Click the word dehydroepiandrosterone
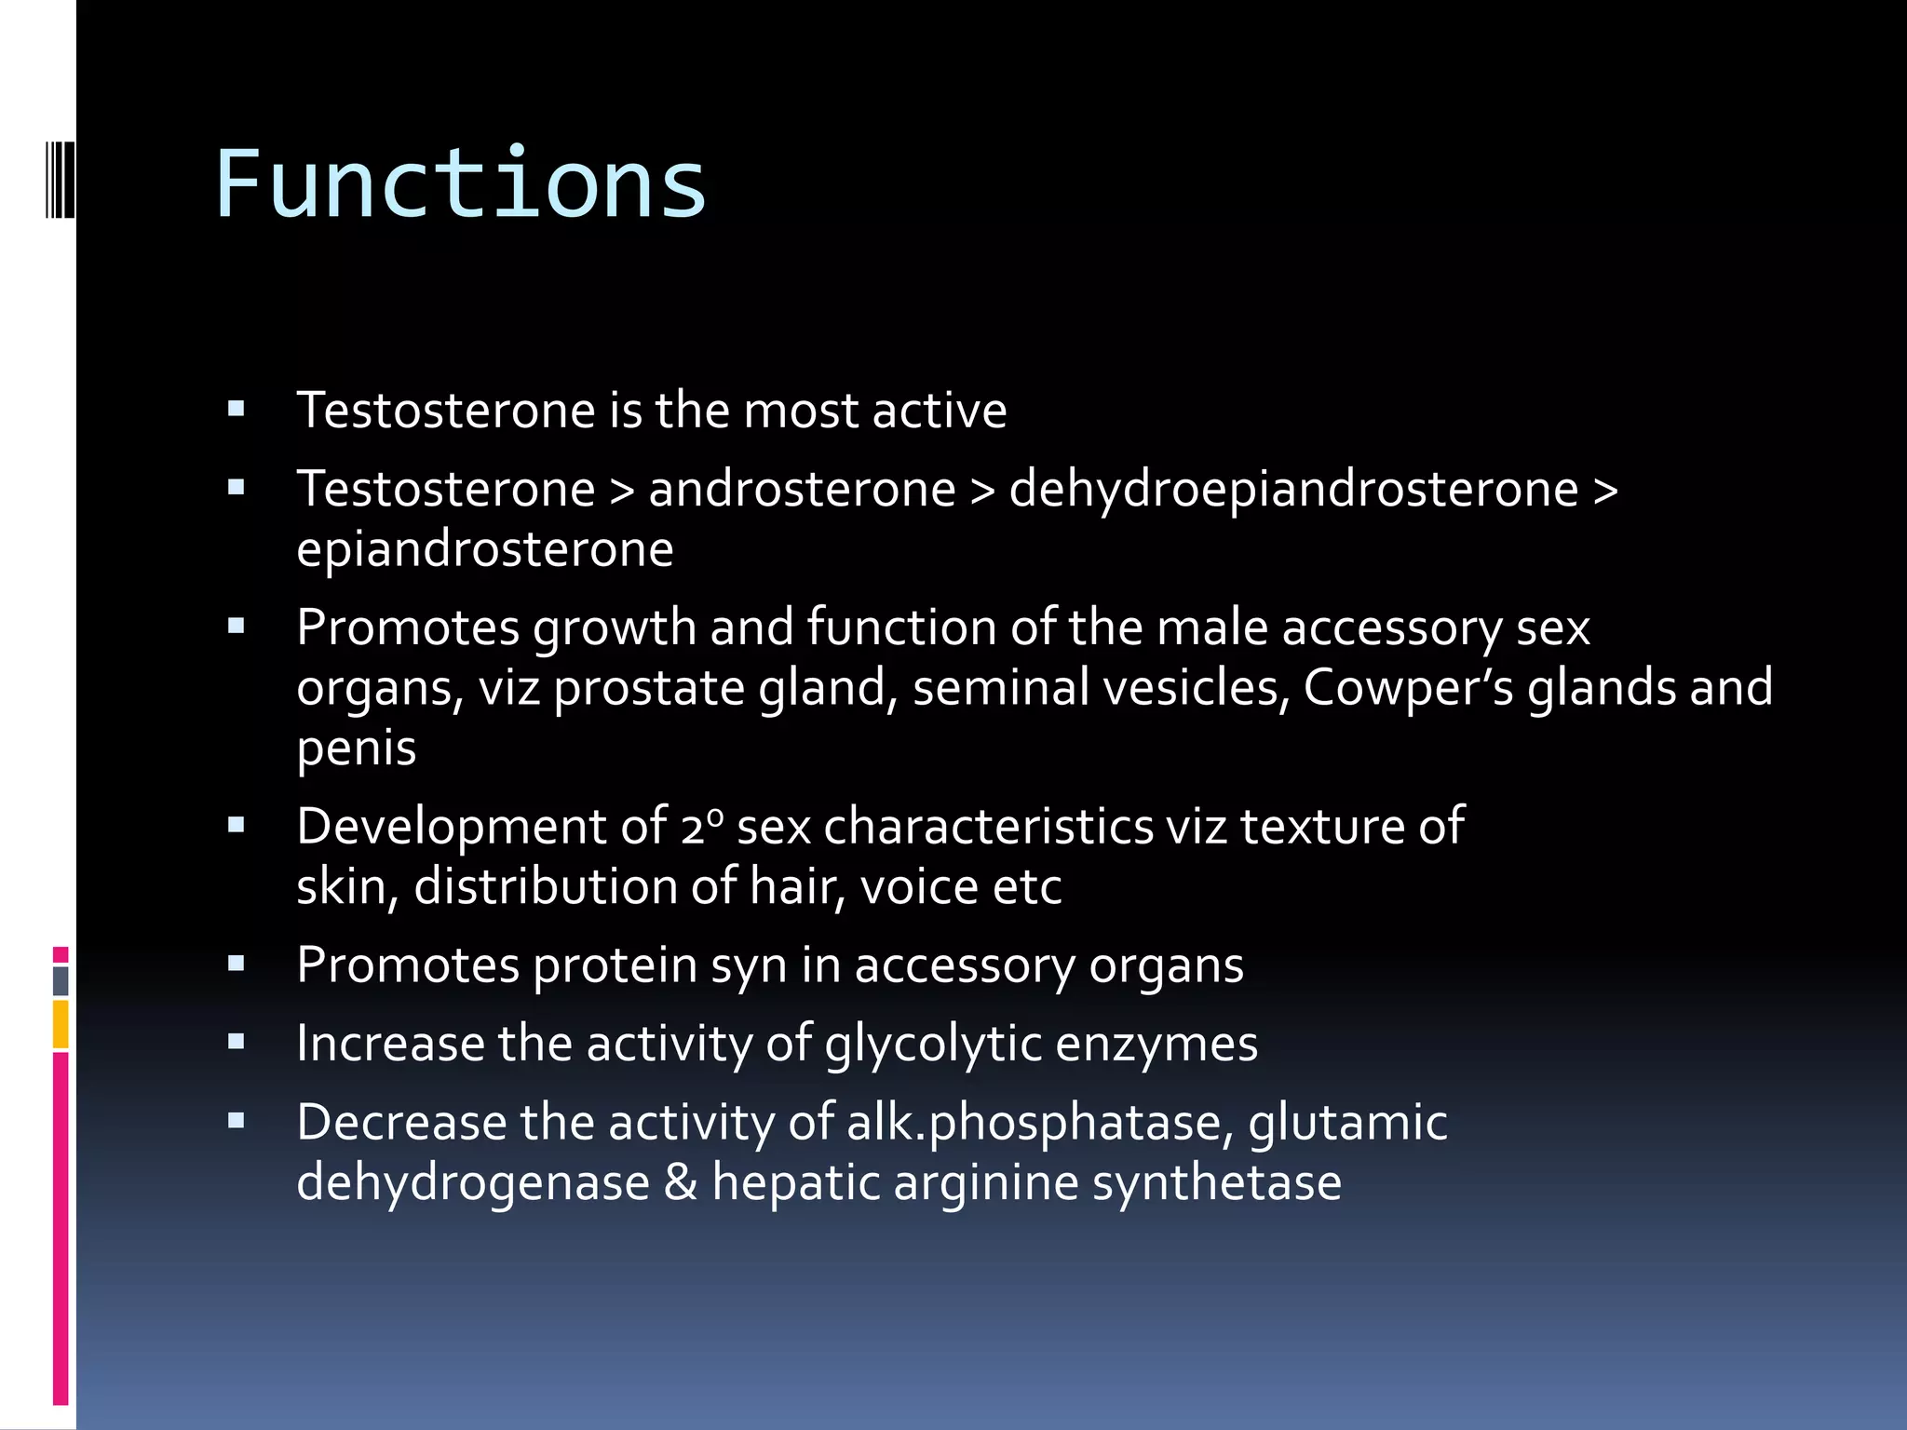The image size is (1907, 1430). coord(1293,490)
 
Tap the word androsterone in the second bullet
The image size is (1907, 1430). coord(802,490)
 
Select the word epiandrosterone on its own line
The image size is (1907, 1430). coord(484,549)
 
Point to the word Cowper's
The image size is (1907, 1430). coord(1408,689)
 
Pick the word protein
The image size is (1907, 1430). coord(615,965)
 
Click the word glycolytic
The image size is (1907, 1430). coord(933,1045)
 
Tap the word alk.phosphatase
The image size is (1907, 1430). coord(1039,1123)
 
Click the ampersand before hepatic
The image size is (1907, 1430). coord(681,1182)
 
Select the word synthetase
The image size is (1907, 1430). coord(1216,1182)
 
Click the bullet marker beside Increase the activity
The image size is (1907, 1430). coord(237,1043)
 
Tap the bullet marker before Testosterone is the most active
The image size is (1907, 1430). coord(237,409)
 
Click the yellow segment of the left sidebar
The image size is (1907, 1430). coord(61,1023)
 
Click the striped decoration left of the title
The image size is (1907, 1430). coord(61,180)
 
